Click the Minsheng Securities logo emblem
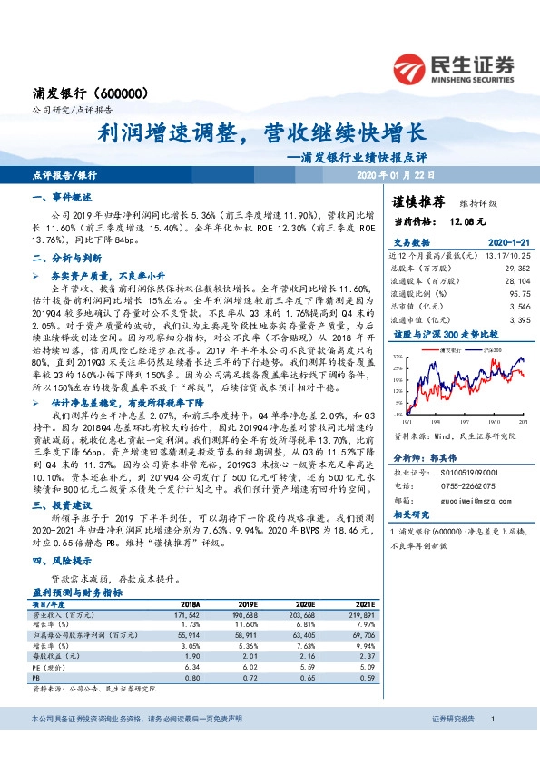pyautogui.click(x=411, y=69)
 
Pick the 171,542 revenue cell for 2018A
pyautogui.click(x=182, y=614)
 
